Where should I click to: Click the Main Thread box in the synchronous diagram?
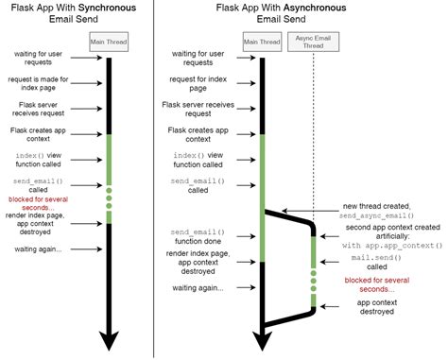coord(110,40)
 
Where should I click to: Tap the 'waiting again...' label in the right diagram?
coord(198,286)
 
